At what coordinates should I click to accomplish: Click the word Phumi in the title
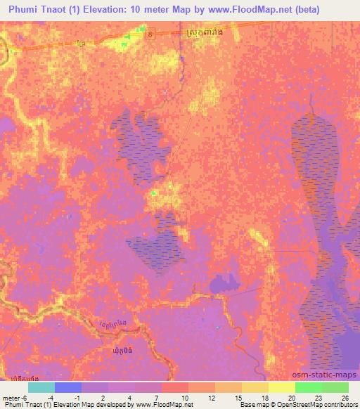(22, 10)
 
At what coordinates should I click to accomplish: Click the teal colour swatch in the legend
(41, 387)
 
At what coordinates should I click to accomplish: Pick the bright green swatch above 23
(308, 387)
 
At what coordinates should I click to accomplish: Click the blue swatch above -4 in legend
(68, 387)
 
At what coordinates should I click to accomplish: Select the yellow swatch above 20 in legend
(281, 387)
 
